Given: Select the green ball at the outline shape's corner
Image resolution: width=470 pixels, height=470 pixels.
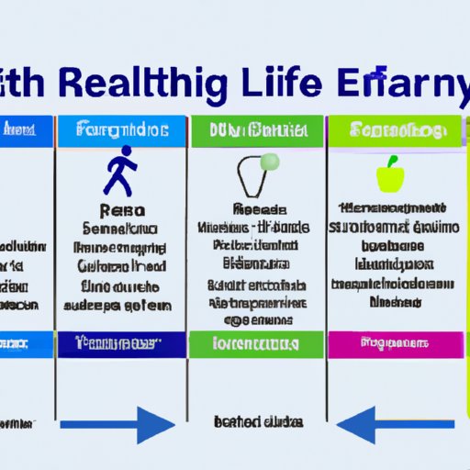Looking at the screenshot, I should coord(270,162).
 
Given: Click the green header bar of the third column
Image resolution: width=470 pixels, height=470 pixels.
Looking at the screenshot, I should coord(256,129).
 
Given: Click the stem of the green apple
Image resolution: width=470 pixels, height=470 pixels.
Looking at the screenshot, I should coord(390,162).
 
